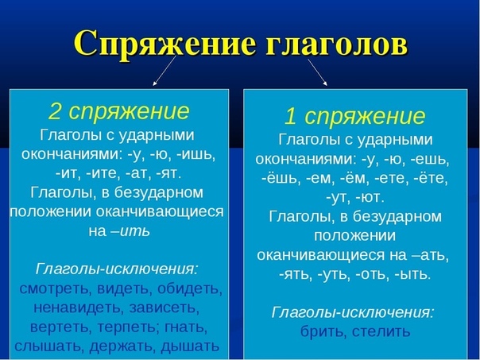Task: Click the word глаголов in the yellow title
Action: (x=336, y=43)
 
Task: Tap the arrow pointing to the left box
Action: (x=165, y=71)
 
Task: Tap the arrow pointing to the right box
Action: (x=317, y=72)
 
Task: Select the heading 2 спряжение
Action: (x=119, y=112)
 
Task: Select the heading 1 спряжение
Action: (x=354, y=116)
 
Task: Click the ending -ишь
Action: (x=196, y=154)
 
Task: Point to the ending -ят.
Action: (x=168, y=173)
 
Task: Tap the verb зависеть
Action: (x=164, y=308)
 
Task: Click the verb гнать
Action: (x=186, y=327)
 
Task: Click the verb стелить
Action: (x=381, y=331)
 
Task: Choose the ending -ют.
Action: (x=370, y=197)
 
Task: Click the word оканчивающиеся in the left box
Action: (x=160, y=211)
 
